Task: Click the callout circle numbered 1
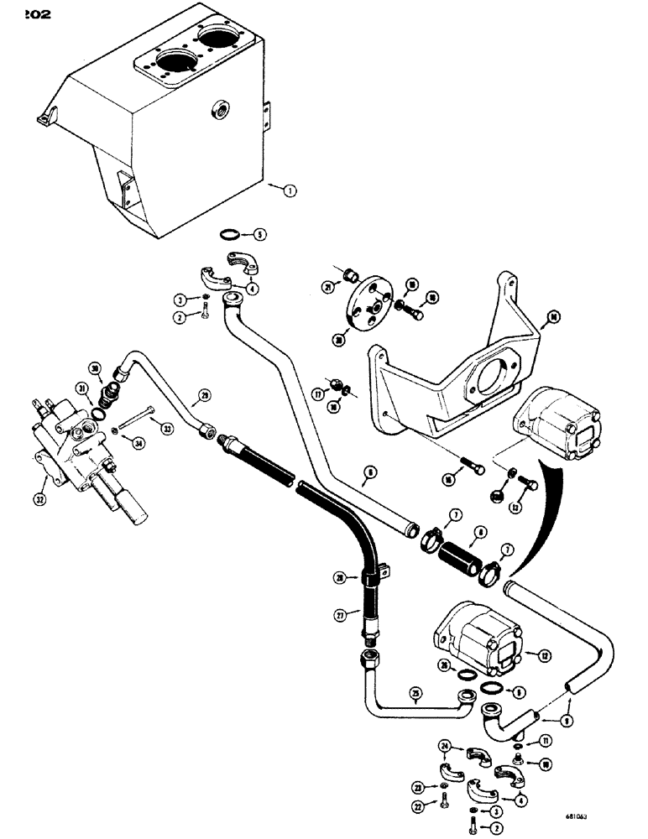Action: (x=290, y=191)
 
